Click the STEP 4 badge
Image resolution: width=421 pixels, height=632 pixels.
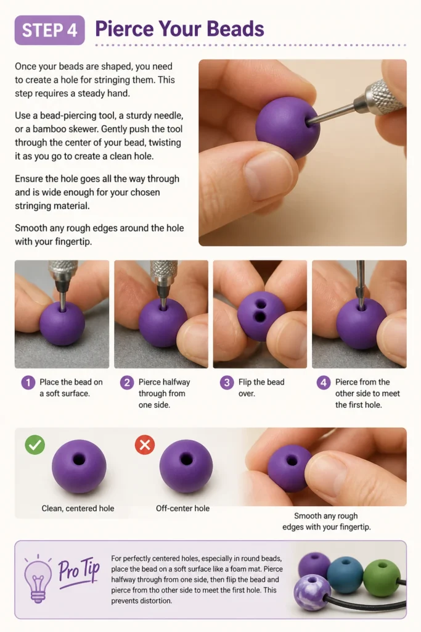(x=49, y=30)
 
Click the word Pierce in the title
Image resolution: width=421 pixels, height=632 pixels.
(x=125, y=29)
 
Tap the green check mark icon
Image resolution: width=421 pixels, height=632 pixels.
(x=35, y=444)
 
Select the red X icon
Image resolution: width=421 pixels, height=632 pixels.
(x=145, y=444)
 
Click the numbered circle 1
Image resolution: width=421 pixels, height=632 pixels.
(x=28, y=383)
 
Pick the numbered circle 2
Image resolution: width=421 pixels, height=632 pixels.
(x=127, y=383)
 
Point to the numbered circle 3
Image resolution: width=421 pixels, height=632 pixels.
(x=227, y=383)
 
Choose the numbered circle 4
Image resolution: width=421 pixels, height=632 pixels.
(x=324, y=383)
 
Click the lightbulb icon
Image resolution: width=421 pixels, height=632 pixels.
(x=38, y=578)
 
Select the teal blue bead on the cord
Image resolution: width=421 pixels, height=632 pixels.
(x=345, y=575)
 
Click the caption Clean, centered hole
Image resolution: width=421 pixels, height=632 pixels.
(x=78, y=509)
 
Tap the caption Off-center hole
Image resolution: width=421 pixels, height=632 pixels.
(x=182, y=509)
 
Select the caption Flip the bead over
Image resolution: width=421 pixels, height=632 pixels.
(x=261, y=388)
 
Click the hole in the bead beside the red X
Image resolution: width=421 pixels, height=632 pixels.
(x=186, y=459)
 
